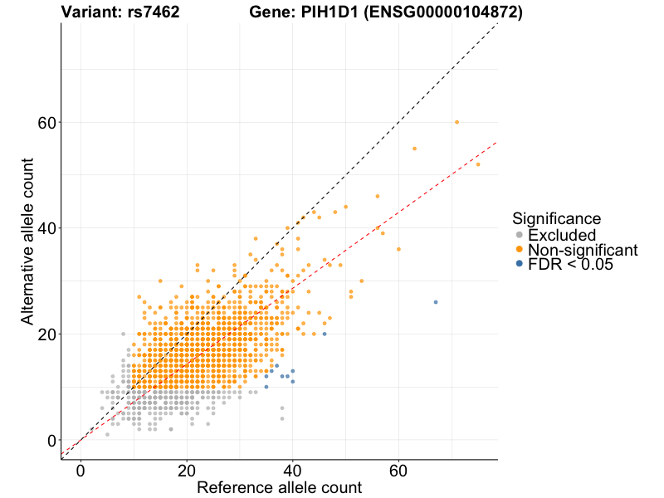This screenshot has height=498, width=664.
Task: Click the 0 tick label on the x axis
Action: (81, 470)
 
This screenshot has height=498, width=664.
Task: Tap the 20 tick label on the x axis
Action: (187, 470)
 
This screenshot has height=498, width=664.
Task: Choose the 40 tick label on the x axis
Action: (292, 470)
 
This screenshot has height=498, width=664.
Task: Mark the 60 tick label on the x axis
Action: (398, 470)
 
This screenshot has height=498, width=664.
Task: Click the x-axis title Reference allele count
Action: (279, 488)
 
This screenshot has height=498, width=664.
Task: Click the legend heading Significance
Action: (556, 218)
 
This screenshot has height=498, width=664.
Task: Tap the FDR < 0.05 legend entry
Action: (569, 264)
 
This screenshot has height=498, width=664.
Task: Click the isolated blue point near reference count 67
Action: (436, 302)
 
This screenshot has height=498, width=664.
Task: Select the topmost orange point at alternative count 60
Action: (456, 122)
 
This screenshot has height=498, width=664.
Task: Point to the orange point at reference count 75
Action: (478, 164)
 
